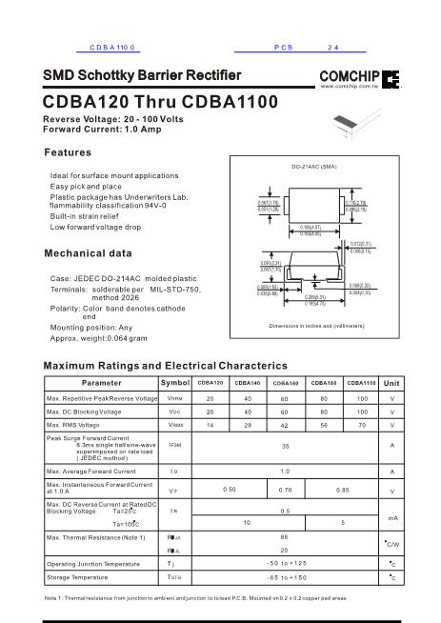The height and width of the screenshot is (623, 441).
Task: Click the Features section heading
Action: click(69, 153)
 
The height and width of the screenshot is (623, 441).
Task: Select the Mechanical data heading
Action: click(88, 253)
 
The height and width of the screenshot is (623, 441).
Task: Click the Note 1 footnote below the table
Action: click(195, 597)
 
